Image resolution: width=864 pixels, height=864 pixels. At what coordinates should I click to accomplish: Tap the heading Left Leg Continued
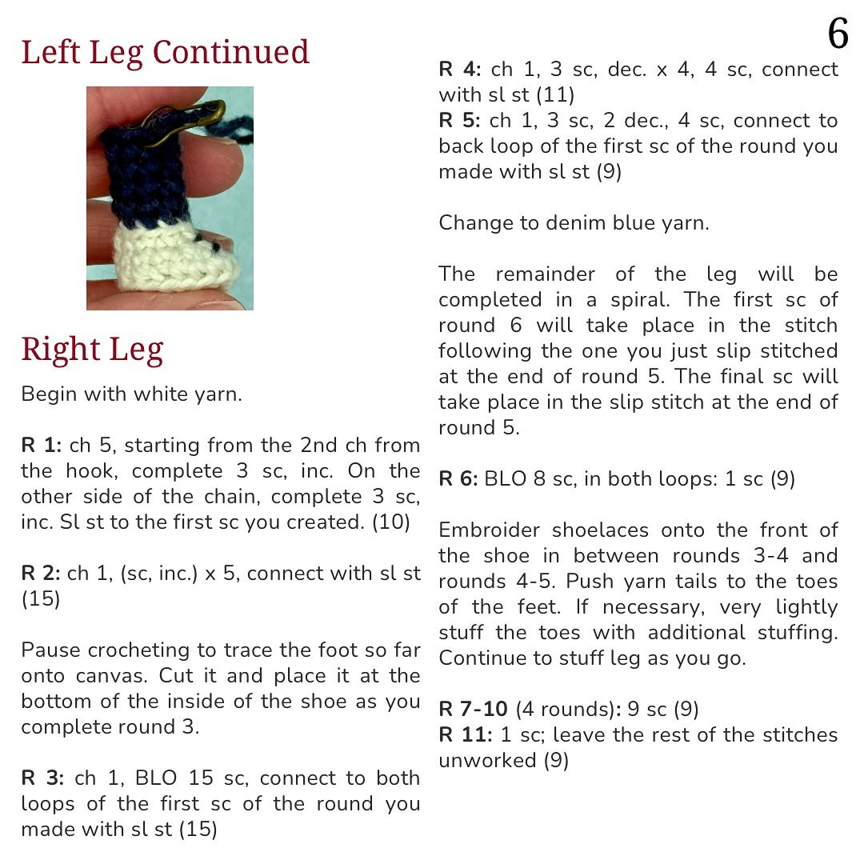point(165,53)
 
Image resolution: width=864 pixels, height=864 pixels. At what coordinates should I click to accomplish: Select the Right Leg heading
point(92,350)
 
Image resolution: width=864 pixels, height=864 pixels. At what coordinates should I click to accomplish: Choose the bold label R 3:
point(44,778)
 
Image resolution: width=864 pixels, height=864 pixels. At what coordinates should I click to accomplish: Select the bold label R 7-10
point(474,709)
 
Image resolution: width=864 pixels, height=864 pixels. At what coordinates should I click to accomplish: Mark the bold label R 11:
point(466,734)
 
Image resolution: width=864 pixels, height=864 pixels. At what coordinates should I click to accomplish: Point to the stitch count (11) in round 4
point(555,95)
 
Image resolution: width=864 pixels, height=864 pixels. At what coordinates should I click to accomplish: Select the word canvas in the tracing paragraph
point(111,676)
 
